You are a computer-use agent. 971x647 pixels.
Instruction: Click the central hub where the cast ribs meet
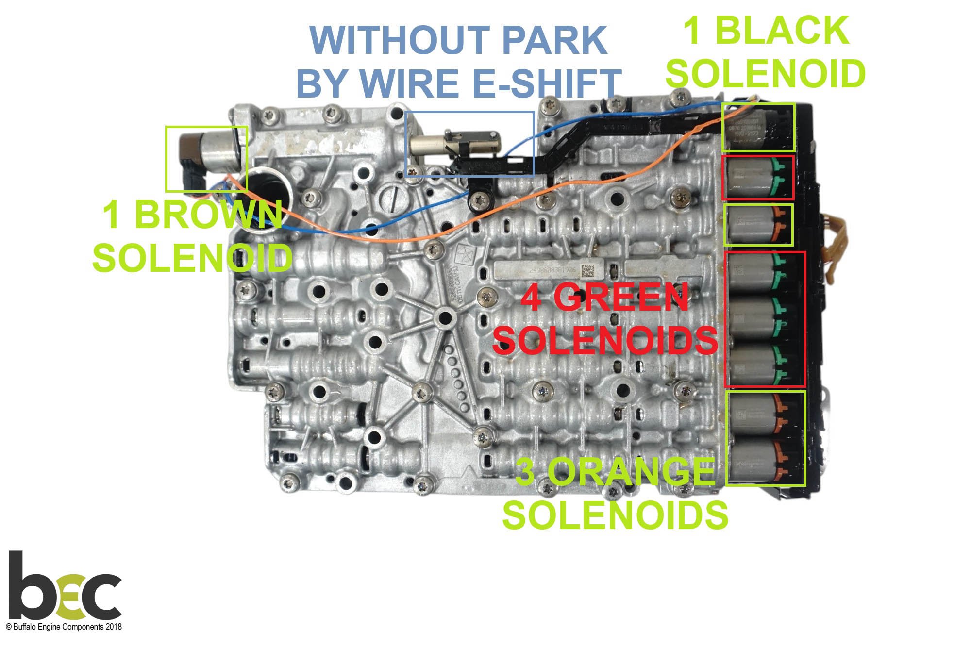pyautogui.click(x=443, y=318)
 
